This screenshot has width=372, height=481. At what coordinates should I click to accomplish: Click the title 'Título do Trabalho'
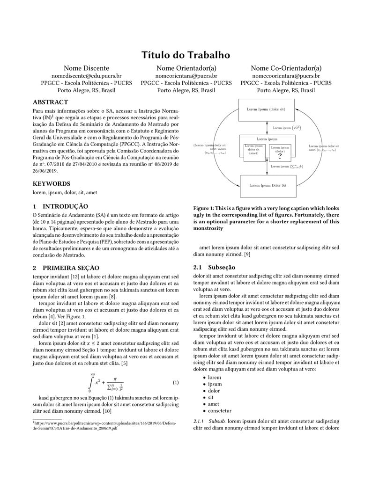click(186, 55)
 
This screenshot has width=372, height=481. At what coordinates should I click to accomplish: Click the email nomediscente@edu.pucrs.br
click(86, 75)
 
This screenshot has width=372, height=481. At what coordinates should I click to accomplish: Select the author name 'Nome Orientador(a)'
click(186, 68)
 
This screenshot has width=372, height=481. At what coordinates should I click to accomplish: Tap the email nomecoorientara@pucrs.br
click(286, 75)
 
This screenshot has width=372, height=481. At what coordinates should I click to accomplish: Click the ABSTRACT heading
click(50, 102)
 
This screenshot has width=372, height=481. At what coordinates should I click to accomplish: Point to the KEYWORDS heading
click(52, 184)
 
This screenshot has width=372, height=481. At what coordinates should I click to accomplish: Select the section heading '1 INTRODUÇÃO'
click(60, 206)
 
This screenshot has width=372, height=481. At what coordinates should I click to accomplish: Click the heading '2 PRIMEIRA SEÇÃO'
click(66, 268)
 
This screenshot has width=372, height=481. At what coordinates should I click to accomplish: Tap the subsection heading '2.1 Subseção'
click(211, 268)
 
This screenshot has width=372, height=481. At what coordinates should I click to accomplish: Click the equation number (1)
click(176, 383)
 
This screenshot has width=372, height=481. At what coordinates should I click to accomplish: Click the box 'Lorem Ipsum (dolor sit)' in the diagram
click(266, 109)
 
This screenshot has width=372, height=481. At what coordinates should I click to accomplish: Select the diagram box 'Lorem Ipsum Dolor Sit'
click(268, 185)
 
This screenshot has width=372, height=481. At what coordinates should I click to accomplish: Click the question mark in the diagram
click(280, 156)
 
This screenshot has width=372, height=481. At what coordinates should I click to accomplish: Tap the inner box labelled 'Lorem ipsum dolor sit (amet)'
click(254, 149)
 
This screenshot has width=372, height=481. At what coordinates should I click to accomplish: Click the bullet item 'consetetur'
click(220, 410)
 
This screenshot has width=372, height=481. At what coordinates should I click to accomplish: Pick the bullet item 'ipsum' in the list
click(215, 384)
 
